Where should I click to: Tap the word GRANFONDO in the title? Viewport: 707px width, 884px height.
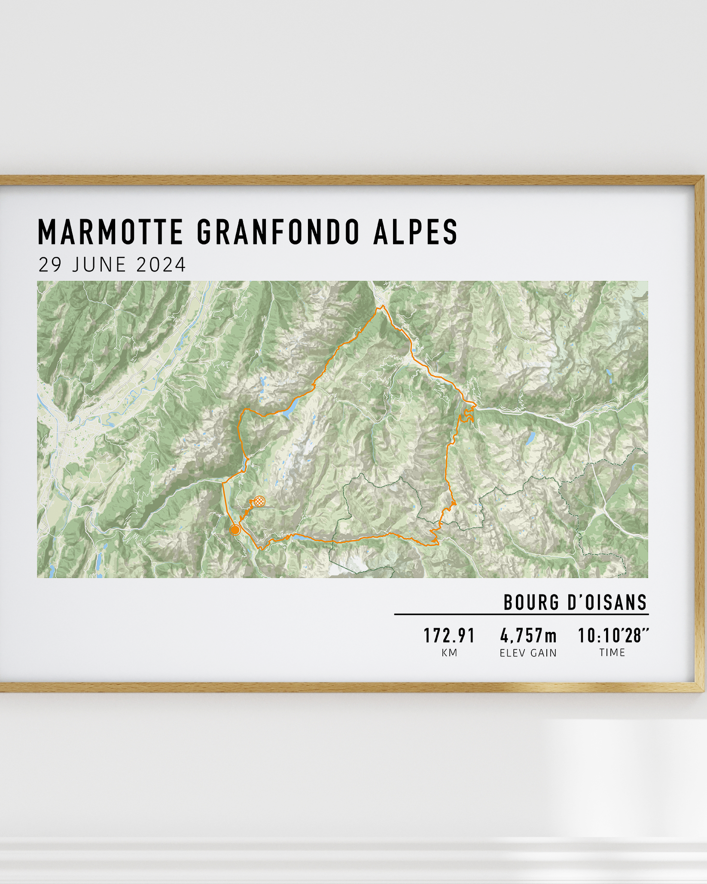coord(278,232)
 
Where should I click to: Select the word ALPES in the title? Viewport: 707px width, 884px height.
coord(416,232)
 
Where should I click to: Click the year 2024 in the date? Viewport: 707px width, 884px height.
coord(161,265)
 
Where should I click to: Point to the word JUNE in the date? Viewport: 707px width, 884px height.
coord(99,265)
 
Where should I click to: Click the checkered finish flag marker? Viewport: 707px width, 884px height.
coord(259,501)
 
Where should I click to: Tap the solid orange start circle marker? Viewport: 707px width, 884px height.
coord(235,530)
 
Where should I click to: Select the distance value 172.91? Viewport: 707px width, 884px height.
coord(449,636)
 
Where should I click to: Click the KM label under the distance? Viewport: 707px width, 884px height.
coord(449,653)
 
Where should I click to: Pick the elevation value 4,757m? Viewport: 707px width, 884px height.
coord(528,636)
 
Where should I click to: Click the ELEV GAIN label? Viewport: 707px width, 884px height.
coord(528,653)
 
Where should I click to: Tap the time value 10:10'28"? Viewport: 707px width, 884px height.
coord(613,636)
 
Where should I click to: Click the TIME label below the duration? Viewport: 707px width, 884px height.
coord(612,652)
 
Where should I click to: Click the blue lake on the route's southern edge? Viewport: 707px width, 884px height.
coord(299,536)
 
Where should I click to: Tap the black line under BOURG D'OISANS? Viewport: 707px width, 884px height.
coord(521,615)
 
